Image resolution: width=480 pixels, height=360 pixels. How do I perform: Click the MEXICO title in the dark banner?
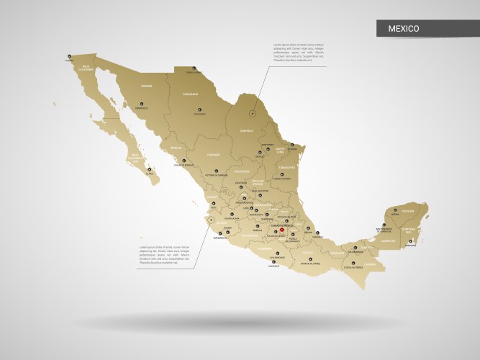coord(404,29)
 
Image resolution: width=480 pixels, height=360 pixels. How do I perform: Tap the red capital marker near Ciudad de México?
coord(282,230)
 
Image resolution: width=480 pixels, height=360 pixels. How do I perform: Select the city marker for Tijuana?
coord(69,56)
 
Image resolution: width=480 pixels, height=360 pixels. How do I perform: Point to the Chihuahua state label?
coord(189,94)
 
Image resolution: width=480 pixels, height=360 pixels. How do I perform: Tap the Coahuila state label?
coord(248,131)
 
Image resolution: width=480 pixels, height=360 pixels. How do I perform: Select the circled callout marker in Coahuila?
coord(253,113)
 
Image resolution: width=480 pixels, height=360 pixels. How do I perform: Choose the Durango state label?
coord(213,155)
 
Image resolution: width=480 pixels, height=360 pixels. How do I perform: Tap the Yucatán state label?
coord(408,211)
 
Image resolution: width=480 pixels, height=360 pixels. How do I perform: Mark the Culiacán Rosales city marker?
coord(184,161)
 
